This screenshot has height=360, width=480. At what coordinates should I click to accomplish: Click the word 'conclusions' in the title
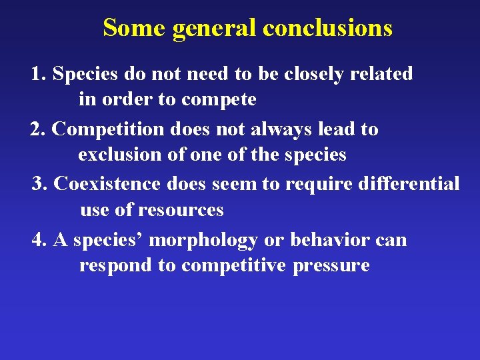pos(327,28)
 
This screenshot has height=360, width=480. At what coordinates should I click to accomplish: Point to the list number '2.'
pos(38,129)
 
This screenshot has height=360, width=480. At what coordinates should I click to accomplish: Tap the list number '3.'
pos(40,183)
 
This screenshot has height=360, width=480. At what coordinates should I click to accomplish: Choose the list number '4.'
pos(39,239)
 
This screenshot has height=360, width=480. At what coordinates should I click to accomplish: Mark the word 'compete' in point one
pos(219,101)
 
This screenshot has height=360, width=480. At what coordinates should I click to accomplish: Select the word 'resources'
pos(181,211)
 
